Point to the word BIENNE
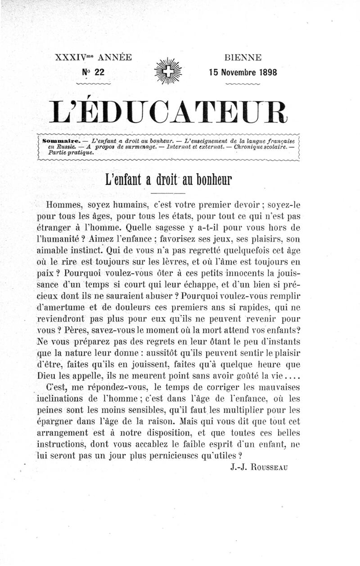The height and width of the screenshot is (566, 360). click(x=243, y=58)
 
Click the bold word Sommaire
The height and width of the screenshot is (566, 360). click(x=61, y=140)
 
